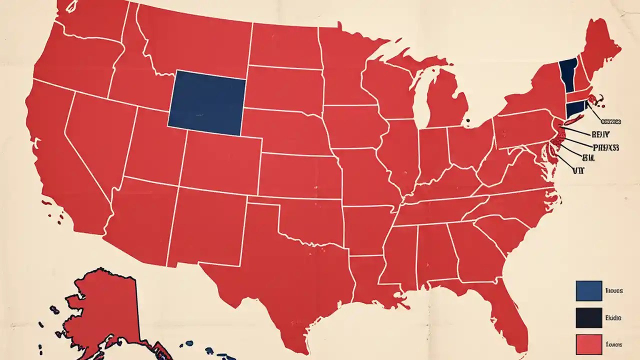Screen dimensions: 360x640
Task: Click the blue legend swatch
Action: (x=588, y=290)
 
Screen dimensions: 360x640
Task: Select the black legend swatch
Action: (x=588, y=317)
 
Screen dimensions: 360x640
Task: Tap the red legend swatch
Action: (x=588, y=344)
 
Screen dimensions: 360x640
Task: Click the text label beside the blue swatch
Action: (x=613, y=290)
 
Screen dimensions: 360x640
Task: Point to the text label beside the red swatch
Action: (x=613, y=344)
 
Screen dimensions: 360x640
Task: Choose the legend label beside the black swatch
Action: (x=613, y=317)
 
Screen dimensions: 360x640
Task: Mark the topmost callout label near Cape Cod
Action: (x=610, y=121)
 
